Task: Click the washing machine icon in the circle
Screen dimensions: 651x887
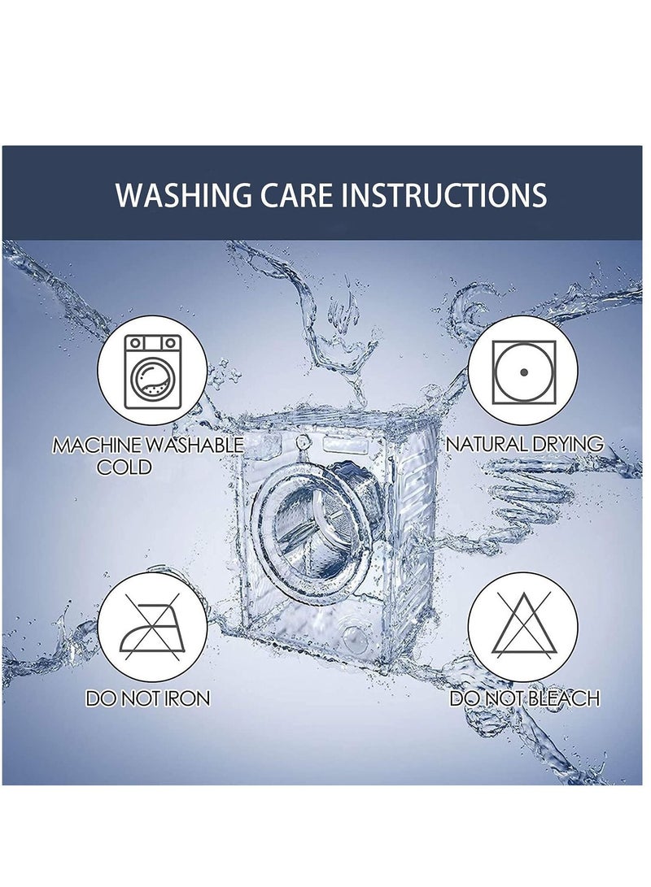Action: coord(153,371)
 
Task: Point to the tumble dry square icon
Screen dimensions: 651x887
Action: coord(523,372)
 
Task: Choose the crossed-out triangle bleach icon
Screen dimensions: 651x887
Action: coord(523,624)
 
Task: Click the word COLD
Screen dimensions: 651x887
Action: coord(125,467)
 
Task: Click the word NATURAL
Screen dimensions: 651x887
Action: coord(483,444)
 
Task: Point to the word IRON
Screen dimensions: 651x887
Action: coord(187,698)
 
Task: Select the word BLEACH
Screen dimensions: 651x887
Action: coord(564,698)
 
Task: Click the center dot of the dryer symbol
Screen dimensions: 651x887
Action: coord(523,372)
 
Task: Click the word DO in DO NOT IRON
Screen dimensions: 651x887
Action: coord(99,698)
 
